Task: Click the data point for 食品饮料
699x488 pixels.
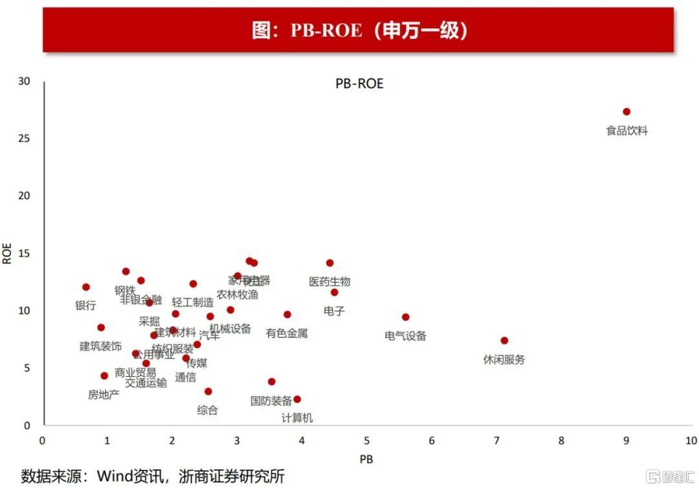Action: pos(626,112)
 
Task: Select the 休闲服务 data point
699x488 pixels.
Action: pos(504,340)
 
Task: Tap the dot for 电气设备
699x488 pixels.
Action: pos(405,317)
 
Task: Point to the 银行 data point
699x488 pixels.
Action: pos(85,287)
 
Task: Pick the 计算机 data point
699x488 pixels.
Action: pos(296,399)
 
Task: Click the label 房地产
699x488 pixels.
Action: pos(104,394)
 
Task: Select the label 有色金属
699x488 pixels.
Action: pos(287,333)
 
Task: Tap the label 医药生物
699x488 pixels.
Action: pos(329,282)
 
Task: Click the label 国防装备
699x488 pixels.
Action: pos(271,401)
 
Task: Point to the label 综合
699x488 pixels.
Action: pos(208,410)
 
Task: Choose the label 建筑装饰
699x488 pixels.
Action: pos(100,346)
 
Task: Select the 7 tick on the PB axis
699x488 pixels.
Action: pos(496,441)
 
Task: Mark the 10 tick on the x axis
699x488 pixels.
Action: pos(690,441)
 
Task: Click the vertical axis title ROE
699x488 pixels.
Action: pos(8,253)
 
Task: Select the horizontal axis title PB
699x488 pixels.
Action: pos(366,459)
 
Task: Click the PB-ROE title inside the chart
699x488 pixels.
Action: pos(359,84)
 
